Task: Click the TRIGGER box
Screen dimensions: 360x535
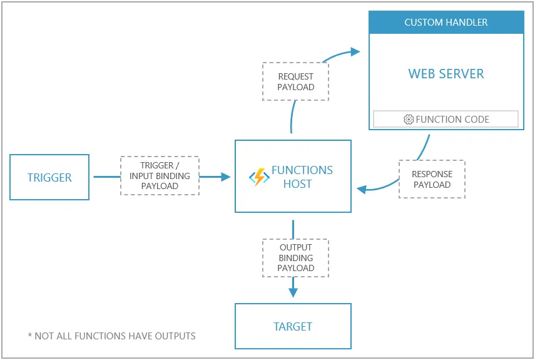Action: [x=49, y=177]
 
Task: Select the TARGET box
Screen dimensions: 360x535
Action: [x=293, y=326]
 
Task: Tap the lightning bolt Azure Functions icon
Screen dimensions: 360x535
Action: [x=258, y=177]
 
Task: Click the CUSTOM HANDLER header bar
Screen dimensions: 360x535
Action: [x=446, y=23]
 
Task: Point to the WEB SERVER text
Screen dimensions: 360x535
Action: [x=446, y=74]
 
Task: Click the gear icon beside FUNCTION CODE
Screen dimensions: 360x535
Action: [x=409, y=119]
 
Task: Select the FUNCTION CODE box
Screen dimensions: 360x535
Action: [x=446, y=119]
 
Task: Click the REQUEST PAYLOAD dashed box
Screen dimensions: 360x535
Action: [x=295, y=81]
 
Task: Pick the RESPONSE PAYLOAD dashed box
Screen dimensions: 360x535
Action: [x=432, y=180]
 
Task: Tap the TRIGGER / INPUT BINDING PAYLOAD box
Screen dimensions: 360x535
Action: [x=160, y=176]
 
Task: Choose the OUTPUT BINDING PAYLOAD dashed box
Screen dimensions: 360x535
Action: [x=295, y=257]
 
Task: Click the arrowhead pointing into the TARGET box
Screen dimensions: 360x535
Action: [x=293, y=292]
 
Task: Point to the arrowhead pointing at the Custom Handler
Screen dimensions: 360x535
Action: [x=355, y=51]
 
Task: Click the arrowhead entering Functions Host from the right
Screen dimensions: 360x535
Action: [x=361, y=188]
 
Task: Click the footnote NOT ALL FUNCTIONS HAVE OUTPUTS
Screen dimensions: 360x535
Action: [x=112, y=336]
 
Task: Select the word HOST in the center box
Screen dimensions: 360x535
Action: [x=297, y=184]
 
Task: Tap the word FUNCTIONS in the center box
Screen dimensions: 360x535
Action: [x=302, y=170]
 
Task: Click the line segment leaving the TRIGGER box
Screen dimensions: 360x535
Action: [x=106, y=177]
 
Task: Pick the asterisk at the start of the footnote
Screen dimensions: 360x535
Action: [x=30, y=336]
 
